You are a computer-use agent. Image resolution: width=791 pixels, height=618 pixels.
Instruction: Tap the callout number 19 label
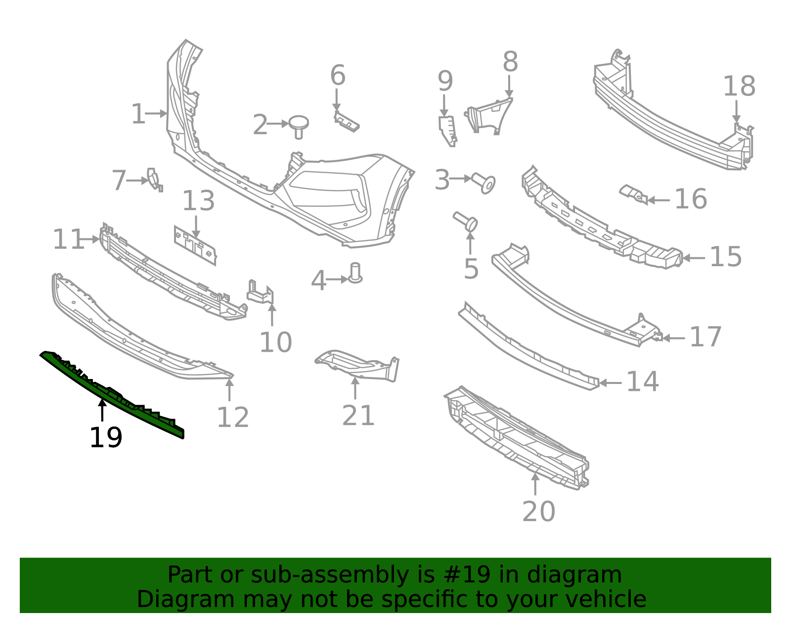pyautogui.click(x=106, y=438)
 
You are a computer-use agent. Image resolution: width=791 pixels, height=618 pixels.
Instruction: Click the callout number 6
pyautogui.click(x=338, y=75)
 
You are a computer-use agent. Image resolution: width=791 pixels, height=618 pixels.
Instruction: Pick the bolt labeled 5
pyautogui.click(x=466, y=221)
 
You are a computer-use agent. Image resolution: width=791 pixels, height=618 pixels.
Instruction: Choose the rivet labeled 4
pyautogui.click(x=355, y=273)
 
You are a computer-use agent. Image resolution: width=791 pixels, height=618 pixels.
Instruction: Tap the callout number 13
pyautogui.click(x=198, y=201)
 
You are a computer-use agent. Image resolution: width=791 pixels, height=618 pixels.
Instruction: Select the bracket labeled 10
pyautogui.click(x=261, y=292)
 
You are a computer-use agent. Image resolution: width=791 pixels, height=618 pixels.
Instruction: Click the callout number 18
pyautogui.click(x=739, y=86)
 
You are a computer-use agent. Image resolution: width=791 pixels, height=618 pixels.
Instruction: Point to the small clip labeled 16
pyautogui.click(x=633, y=194)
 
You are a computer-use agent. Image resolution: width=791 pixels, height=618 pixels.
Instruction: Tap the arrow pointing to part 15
pyautogui.click(x=694, y=258)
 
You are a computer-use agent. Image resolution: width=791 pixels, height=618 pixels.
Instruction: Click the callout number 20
pyautogui.click(x=539, y=512)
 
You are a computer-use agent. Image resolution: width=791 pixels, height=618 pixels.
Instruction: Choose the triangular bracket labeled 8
pyautogui.click(x=488, y=115)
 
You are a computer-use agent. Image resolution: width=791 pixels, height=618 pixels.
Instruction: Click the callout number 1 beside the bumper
pyautogui.click(x=138, y=114)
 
